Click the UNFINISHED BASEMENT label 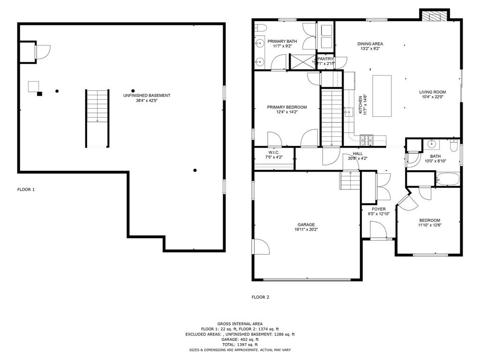[147, 95]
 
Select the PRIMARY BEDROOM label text [287, 107]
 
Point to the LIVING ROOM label [432, 92]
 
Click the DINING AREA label [370, 44]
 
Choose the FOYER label [379, 209]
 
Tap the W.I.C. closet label [274, 152]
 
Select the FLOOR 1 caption [26, 190]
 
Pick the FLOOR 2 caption [261, 297]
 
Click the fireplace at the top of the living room [434, 16]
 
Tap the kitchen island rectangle [382, 96]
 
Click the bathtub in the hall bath [447, 179]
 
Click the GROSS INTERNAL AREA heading [240, 323]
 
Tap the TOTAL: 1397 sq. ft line [240, 345]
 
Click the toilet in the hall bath [453, 147]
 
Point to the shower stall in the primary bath [302, 61]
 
